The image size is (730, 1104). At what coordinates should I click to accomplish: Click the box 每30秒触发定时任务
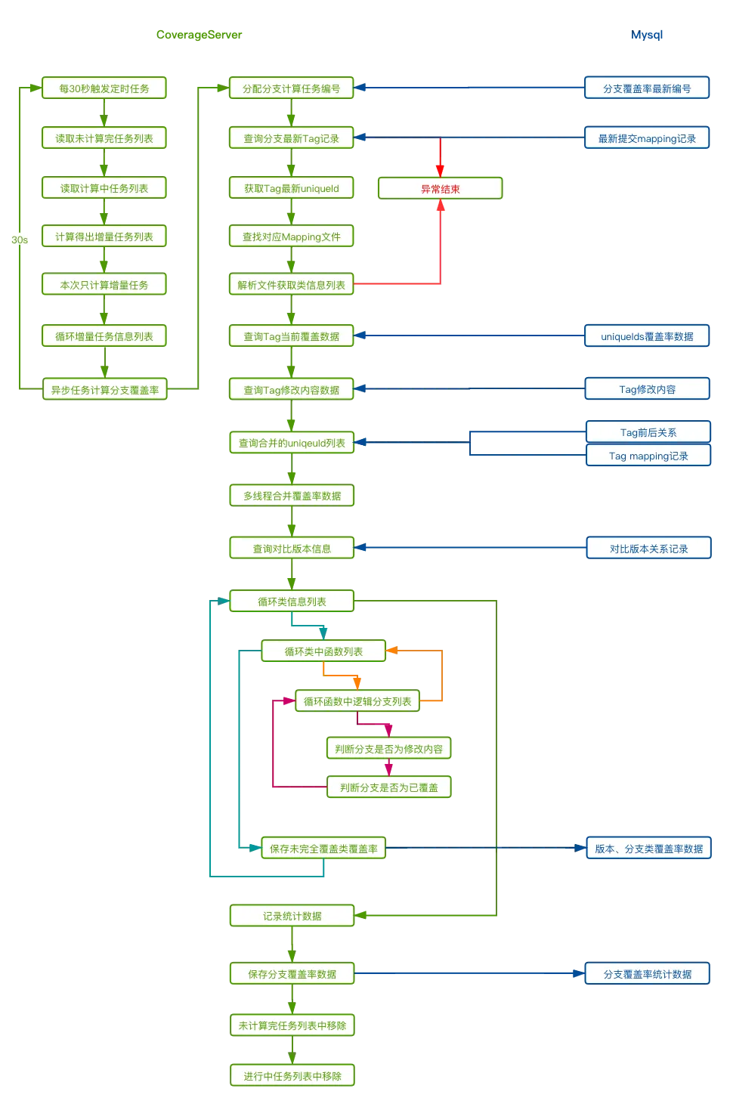(x=104, y=88)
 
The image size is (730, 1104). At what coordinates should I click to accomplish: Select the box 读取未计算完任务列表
(x=104, y=138)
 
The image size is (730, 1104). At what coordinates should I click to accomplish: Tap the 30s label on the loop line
(x=20, y=240)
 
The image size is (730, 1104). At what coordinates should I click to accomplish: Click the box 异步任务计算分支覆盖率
(x=105, y=390)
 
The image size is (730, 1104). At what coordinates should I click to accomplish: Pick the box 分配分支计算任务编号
(x=291, y=88)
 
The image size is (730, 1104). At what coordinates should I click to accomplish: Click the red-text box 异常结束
(x=440, y=188)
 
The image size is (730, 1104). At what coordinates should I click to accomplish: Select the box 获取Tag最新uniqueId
(x=291, y=188)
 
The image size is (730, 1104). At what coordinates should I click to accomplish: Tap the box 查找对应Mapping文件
(x=291, y=237)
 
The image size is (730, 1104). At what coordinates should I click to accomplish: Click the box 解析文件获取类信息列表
(x=291, y=285)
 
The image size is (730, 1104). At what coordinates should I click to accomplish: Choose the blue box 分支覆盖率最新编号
(x=647, y=88)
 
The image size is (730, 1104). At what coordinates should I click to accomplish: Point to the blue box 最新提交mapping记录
(x=647, y=138)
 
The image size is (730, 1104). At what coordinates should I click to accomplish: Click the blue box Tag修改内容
(x=648, y=389)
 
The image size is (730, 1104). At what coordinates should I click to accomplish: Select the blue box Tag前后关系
(x=648, y=432)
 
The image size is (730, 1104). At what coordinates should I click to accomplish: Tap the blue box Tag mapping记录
(x=648, y=456)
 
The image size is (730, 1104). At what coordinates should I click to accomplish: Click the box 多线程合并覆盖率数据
(x=292, y=496)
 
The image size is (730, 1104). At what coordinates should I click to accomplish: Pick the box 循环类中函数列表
(x=323, y=651)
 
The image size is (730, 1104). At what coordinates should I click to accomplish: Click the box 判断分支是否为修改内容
(x=389, y=749)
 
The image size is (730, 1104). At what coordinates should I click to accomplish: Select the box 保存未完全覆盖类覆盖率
(x=323, y=849)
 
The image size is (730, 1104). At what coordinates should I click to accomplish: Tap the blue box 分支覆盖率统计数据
(x=648, y=974)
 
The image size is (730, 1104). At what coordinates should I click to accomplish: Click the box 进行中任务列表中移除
(x=292, y=1076)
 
